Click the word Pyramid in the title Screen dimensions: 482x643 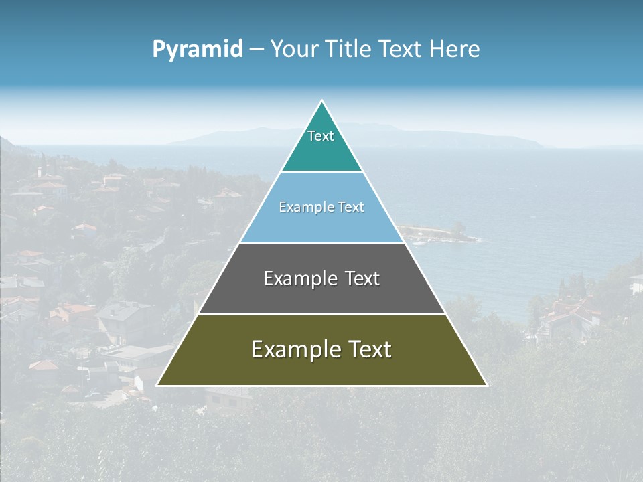198,50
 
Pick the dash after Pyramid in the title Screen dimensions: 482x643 257,50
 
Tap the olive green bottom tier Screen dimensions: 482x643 321,368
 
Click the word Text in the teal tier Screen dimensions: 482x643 321,136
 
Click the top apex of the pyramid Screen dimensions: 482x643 322,101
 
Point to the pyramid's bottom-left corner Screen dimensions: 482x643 157,385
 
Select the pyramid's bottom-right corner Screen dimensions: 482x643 486,385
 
